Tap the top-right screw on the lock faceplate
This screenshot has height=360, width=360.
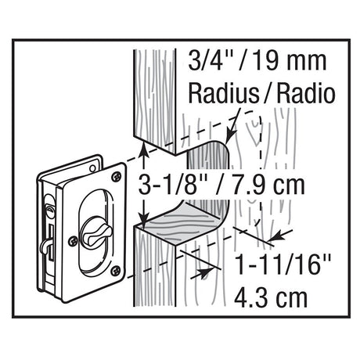117,177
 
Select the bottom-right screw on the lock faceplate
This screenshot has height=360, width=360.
116,271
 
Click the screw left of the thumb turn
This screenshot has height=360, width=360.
73,241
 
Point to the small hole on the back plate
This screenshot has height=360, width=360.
92,168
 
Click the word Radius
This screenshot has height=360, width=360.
223,93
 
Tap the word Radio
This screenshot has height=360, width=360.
306,93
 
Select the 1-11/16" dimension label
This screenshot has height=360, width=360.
283,265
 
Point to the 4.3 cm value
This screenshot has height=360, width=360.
271,297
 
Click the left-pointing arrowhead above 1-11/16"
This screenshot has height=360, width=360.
275,236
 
